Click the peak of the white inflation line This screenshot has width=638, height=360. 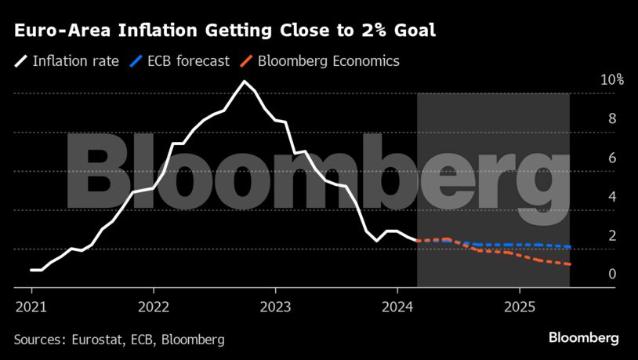tap(245, 82)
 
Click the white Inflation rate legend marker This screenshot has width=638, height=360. tap(20, 60)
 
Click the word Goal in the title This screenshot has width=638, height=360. tap(412, 31)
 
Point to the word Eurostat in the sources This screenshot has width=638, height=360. tap(97, 339)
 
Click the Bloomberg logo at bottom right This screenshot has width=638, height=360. tap(583, 338)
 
